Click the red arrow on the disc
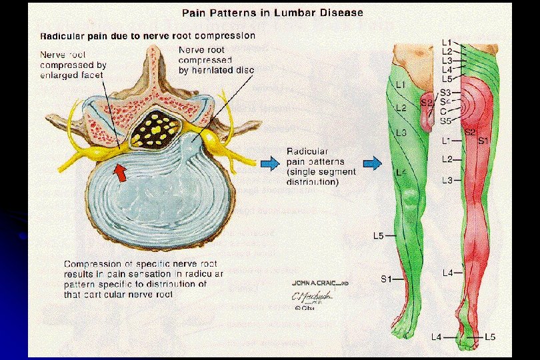coord(121,173)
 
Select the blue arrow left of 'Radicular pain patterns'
coord(270,162)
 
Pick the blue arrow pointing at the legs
coord(373,162)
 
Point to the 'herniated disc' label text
coord(217,70)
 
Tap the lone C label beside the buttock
coord(443,111)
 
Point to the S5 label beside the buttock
coord(445,121)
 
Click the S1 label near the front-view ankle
coord(387,279)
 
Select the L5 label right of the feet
coord(489,337)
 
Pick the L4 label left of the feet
coord(436,337)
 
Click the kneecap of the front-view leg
coord(411,199)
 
